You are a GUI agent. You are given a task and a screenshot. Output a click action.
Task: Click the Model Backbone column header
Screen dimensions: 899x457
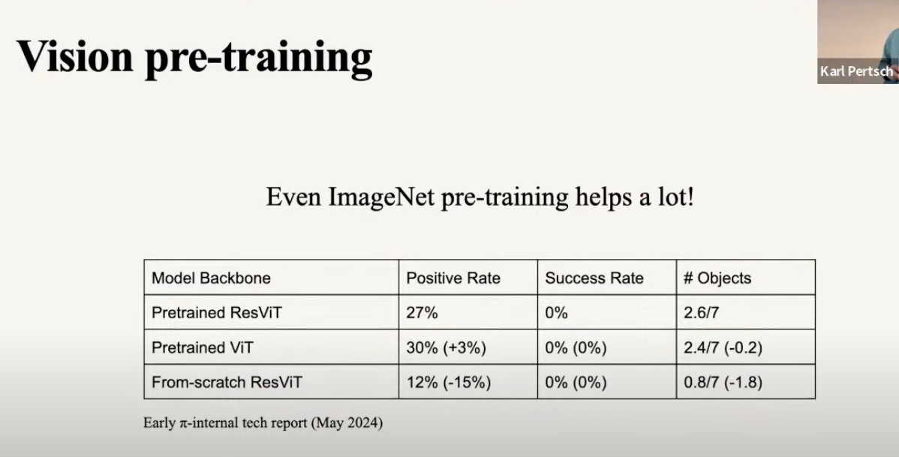click(x=211, y=278)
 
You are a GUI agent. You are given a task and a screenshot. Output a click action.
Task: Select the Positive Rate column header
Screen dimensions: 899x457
click(x=453, y=278)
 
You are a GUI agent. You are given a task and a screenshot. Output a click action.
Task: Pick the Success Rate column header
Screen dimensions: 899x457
click(x=594, y=278)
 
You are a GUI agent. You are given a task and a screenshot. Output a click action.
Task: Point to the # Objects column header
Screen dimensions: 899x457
click(x=717, y=278)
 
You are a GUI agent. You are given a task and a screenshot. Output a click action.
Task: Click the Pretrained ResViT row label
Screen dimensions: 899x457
click(x=217, y=312)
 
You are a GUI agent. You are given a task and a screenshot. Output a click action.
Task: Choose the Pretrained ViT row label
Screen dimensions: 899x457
click(x=203, y=347)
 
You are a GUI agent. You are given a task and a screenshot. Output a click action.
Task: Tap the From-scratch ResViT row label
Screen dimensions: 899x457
click(x=227, y=382)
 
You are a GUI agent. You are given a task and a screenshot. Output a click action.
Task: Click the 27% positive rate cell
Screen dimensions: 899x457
click(x=422, y=312)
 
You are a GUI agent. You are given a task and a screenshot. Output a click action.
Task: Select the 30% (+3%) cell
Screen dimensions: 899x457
click(x=446, y=347)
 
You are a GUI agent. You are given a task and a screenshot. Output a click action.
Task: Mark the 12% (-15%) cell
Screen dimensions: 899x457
click(x=448, y=383)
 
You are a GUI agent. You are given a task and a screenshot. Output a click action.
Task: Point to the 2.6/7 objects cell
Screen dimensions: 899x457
click(x=701, y=312)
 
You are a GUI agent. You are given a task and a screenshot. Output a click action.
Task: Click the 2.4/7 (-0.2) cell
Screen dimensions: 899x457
click(x=723, y=347)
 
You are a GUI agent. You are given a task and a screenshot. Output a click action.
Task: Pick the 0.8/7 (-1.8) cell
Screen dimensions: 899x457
click(x=723, y=383)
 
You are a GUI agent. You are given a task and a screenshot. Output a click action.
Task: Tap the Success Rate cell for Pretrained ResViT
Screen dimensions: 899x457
click(x=556, y=312)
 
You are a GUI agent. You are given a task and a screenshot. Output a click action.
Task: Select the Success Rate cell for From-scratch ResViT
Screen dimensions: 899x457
click(x=576, y=383)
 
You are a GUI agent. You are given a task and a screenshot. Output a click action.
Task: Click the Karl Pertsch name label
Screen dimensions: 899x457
click(x=856, y=71)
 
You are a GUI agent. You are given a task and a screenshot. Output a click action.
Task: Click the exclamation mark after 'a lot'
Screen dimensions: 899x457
click(x=690, y=197)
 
